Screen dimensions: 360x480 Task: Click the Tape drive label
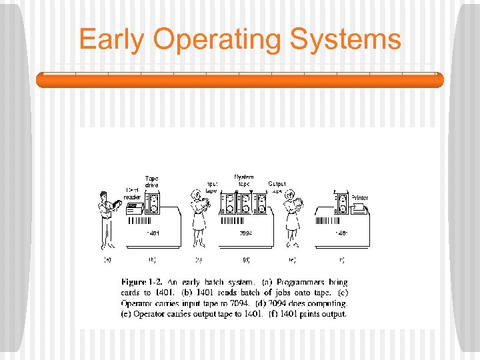pos(151,181)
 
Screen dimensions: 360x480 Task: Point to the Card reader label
pos(132,193)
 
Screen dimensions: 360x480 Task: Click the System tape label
pos(243,180)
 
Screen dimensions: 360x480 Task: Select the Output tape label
pos(277,187)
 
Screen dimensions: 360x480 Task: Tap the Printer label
pos(359,198)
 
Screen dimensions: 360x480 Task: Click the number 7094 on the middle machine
pos(245,233)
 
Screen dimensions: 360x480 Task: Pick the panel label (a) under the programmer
pos(107,259)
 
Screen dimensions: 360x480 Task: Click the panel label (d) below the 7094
pos(246,259)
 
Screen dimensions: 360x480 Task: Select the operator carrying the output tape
pos(292,217)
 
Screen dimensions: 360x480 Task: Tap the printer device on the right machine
pos(359,209)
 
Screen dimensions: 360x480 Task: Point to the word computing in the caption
pos(325,304)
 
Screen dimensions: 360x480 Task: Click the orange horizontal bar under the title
pos(240,80)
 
